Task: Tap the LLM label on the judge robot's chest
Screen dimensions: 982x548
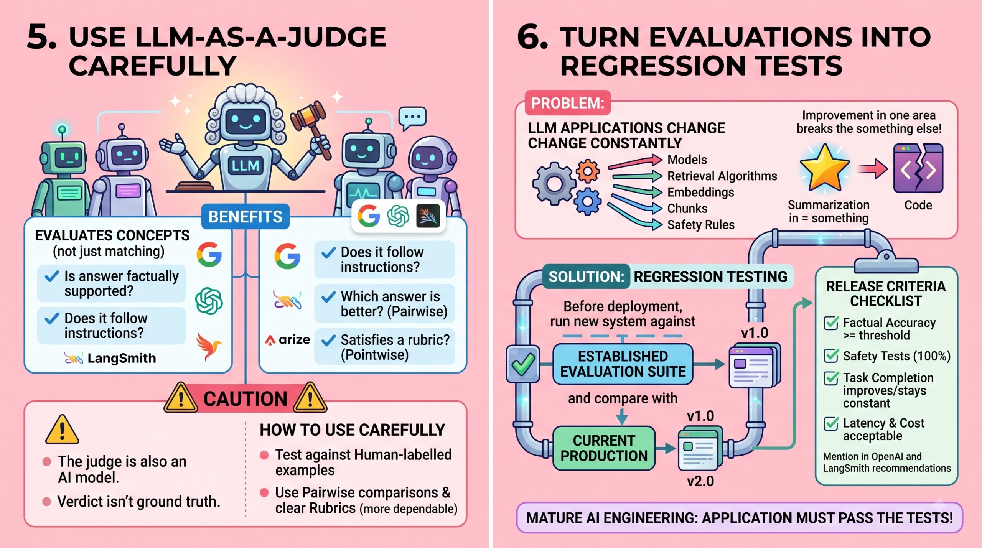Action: [x=245, y=166]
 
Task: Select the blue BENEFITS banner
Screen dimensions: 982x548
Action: [x=245, y=217]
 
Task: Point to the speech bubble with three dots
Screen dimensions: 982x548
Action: [x=412, y=117]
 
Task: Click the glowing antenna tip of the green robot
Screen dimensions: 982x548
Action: [x=62, y=130]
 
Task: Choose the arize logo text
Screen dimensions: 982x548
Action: [x=288, y=340]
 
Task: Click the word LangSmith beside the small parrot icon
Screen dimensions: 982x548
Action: [x=122, y=358]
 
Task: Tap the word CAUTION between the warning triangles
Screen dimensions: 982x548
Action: [x=245, y=399]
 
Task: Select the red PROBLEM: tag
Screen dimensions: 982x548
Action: [x=568, y=103]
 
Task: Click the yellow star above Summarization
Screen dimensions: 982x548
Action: [x=824, y=168]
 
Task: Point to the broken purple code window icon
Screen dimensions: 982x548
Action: [x=918, y=168]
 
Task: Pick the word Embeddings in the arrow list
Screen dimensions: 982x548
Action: [x=701, y=192]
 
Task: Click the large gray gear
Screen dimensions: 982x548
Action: [x=554, y=183]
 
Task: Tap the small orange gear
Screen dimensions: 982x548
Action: [x=587, y=171]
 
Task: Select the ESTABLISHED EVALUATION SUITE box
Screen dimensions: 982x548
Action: [x=623, y=364]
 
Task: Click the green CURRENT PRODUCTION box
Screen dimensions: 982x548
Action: [x=604, y=448]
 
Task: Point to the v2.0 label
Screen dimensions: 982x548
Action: [x=700, y=481]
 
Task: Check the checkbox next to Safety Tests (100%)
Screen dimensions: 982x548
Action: [x=831, y=355]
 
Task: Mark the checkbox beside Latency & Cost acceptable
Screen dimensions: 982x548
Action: [x=831, y=423]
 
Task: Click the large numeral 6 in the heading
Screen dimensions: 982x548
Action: [x=532, y=37]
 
